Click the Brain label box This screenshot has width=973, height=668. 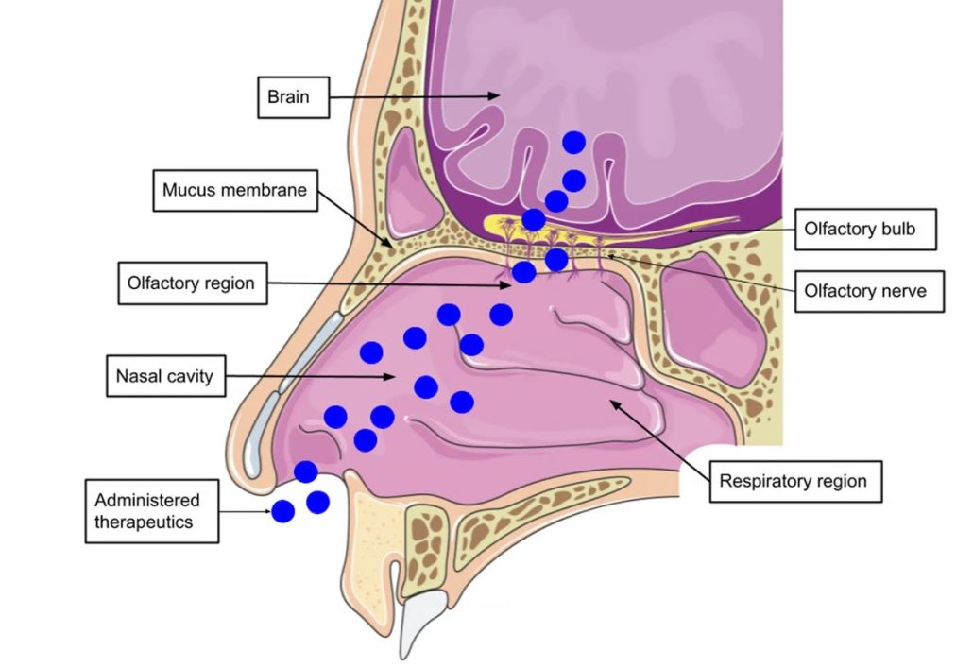[x=293, y=97]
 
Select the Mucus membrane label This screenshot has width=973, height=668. [x=234, y=190]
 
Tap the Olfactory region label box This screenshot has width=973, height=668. [x=191, y=283]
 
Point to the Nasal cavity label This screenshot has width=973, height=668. [x=164, y=377]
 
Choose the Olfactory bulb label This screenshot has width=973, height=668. [x=864, y=229]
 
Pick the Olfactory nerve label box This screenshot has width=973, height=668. [x=864, y=291]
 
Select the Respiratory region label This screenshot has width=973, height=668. [x=794, y=481]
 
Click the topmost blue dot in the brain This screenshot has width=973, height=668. [x=573, y=143]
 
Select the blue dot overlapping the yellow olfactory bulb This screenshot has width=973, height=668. [x=534, y=220]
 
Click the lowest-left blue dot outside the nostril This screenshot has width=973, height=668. [x=282, y=512]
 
